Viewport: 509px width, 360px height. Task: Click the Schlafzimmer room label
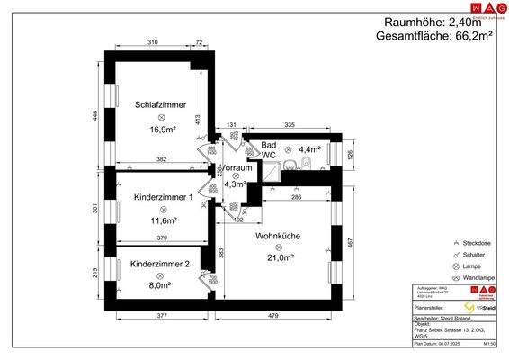[161, 104]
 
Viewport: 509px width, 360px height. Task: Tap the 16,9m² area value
[162, 130]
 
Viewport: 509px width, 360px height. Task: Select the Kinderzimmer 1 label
[162, 197]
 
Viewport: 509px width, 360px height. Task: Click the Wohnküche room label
[277, 236]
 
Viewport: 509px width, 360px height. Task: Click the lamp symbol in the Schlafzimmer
[162, 118]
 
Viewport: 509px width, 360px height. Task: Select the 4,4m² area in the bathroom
[309, 149]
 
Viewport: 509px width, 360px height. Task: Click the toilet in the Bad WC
[307, 163]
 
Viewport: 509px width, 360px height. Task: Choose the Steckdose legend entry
[478, 243]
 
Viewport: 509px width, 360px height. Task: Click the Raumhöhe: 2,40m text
[432, 20]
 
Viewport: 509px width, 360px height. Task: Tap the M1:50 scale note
[490, 343]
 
